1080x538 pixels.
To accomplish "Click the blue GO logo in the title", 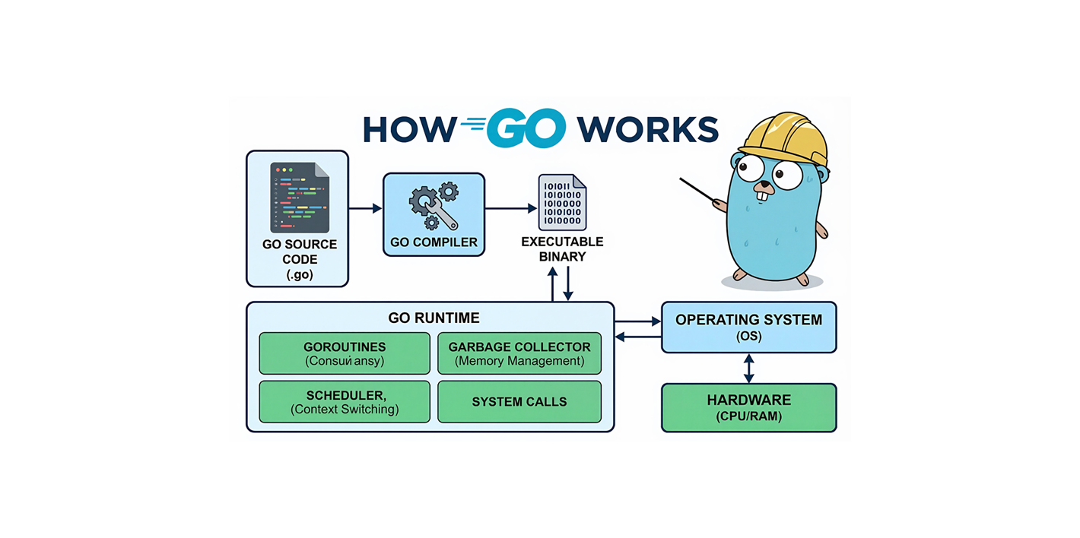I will (x=525, y=128).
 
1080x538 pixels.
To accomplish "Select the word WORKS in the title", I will (x=647, y=129).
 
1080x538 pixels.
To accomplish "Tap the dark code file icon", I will (x=300, y=198).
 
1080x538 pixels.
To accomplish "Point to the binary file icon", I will (x=562, y=202).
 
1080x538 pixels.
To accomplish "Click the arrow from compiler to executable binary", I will (x=510, y=208).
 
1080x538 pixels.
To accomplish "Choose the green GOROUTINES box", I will (x=345, y=353).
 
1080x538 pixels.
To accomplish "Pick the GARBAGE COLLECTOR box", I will (x=519, y=353).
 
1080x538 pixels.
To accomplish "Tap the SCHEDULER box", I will (x=345, y=402).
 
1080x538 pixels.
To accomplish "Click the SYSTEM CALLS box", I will (x=519, y=402).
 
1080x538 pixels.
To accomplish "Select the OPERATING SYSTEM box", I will (x=748, y=327).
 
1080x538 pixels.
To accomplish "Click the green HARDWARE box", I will (x=748, y=407).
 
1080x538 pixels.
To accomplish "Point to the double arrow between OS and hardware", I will (x=749, y=369).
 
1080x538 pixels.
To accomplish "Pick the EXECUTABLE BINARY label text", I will (x=562, y=249).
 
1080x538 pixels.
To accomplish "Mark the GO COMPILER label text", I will (x=434, y=243).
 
